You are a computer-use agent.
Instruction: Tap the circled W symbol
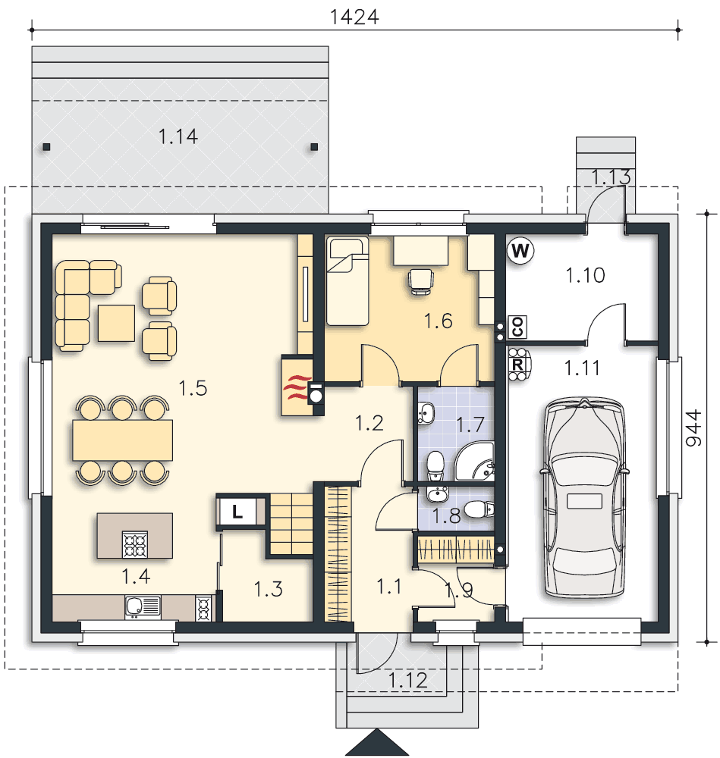click(520, 251)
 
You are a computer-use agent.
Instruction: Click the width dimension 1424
click(354, 17)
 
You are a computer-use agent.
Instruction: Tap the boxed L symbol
click(237, 512)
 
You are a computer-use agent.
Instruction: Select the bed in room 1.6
click(347, 280)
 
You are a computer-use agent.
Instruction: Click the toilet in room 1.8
click(476, 509)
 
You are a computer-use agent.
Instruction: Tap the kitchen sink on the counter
click(143, 606)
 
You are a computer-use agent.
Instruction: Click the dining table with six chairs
click(122, 440)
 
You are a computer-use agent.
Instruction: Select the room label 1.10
click(586, 275)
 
